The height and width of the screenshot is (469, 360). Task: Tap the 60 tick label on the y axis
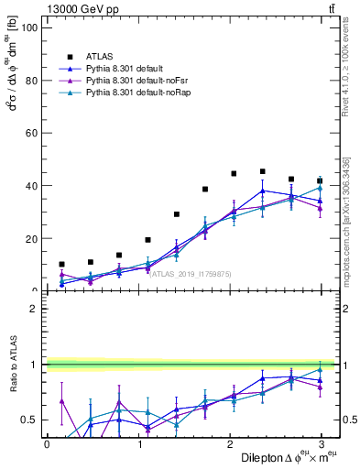[29, 133]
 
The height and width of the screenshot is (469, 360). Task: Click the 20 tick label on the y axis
[29, 238]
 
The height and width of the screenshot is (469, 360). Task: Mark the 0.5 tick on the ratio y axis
[27, 420]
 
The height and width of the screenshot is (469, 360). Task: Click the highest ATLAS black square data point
[262, 171]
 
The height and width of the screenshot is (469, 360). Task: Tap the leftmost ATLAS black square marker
[61, 264]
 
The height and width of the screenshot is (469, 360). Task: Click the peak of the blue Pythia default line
[262, 191]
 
